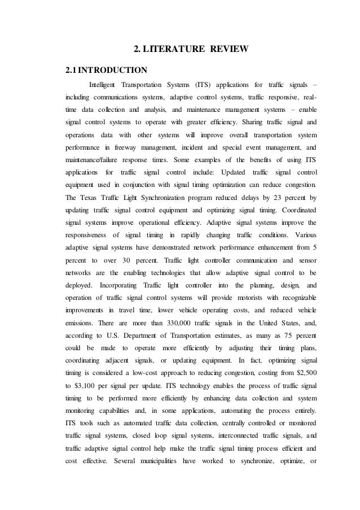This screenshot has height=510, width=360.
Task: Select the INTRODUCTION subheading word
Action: (x=112, y=71)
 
